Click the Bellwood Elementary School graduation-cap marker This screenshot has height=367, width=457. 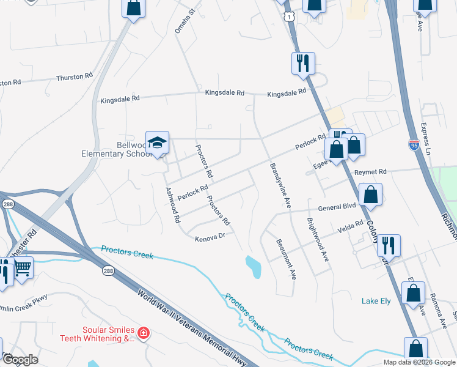tap(157, 144)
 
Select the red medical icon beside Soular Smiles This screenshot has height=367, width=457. tap(143, 333)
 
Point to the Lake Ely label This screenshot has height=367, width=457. tap(376, 301)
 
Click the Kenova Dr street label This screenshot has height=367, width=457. tap(210, 237)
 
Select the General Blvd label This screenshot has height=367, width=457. tap(337, 207)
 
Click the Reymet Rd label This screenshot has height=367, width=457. tap(375, 172)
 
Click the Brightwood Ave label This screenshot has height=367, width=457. tap(318, 240)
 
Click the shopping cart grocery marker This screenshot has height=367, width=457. tap(22, 267)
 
